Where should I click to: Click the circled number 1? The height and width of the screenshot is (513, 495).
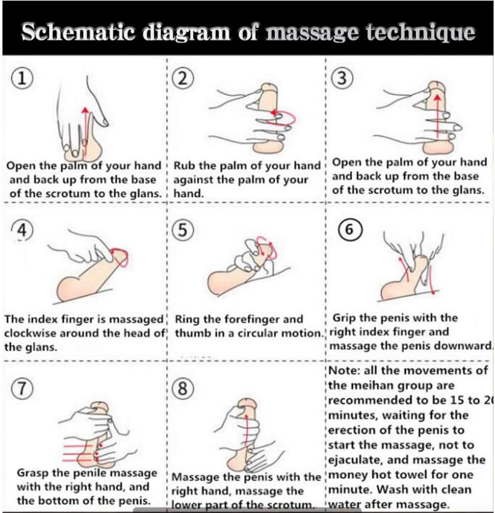point(21,79)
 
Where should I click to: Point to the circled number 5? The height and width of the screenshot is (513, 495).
point(183,231)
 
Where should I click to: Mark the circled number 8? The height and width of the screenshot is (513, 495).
point(183,389)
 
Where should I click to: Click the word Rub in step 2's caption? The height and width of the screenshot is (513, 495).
point(185,167)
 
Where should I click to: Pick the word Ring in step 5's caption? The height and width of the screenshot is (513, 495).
point(187,320)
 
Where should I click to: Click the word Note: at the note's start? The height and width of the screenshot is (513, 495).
point(344,371)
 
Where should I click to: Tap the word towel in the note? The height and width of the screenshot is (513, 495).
point(424,475)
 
